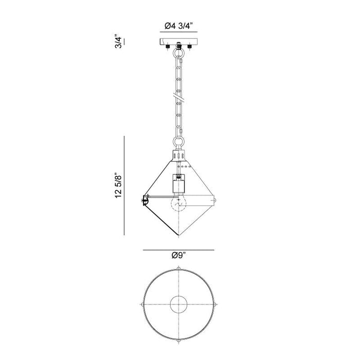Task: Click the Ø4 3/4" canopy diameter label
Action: (178, 26)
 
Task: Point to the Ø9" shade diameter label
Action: (178, 255)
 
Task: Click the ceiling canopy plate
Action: (178, 41)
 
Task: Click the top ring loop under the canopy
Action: (178, 54)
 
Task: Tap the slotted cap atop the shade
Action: (178, 155)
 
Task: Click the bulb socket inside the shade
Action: (178, 184)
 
